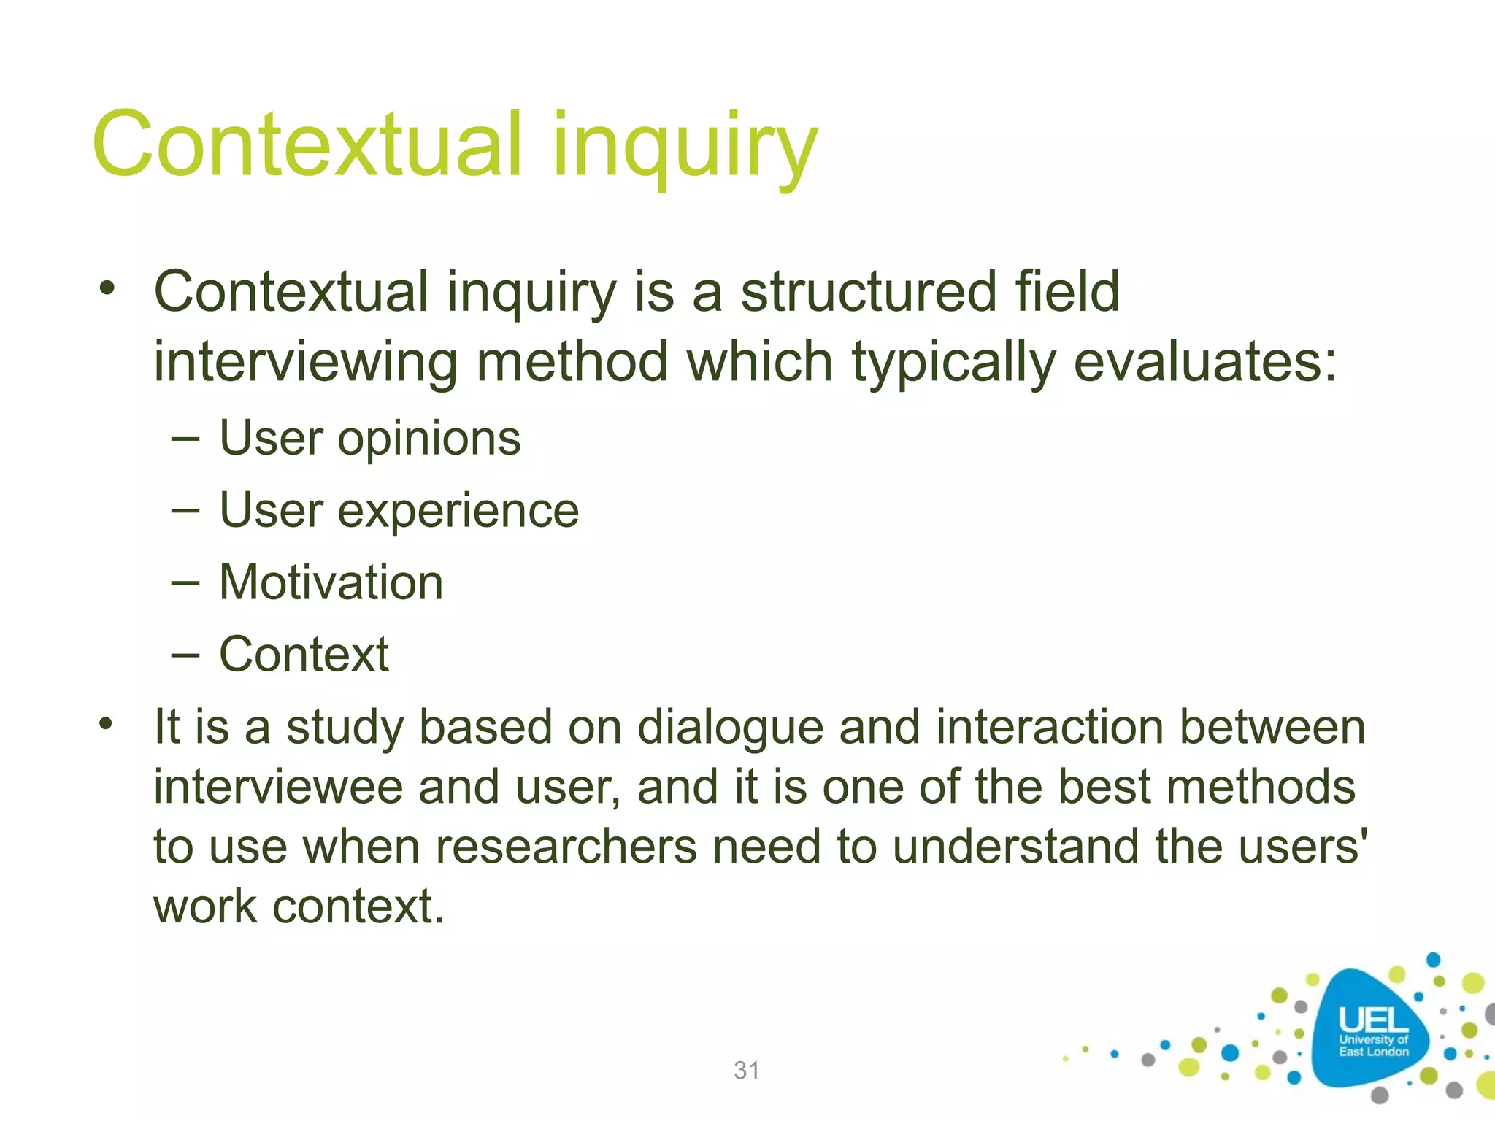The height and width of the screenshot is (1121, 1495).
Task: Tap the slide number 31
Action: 747,1070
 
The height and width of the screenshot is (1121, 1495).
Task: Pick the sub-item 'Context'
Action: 304,654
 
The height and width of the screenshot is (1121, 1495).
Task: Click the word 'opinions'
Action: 428,439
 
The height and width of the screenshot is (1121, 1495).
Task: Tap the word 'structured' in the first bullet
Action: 868,292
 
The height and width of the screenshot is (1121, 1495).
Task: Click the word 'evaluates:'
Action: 1205,362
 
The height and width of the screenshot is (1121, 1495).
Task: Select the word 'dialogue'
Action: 730,728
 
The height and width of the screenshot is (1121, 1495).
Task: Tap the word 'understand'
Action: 1015,847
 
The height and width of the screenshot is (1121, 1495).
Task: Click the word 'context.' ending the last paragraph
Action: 358,907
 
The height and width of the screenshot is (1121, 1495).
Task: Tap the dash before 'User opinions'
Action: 185,439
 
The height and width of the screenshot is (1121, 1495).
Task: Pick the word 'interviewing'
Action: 305,362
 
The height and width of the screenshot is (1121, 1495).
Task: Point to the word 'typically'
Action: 953,362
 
